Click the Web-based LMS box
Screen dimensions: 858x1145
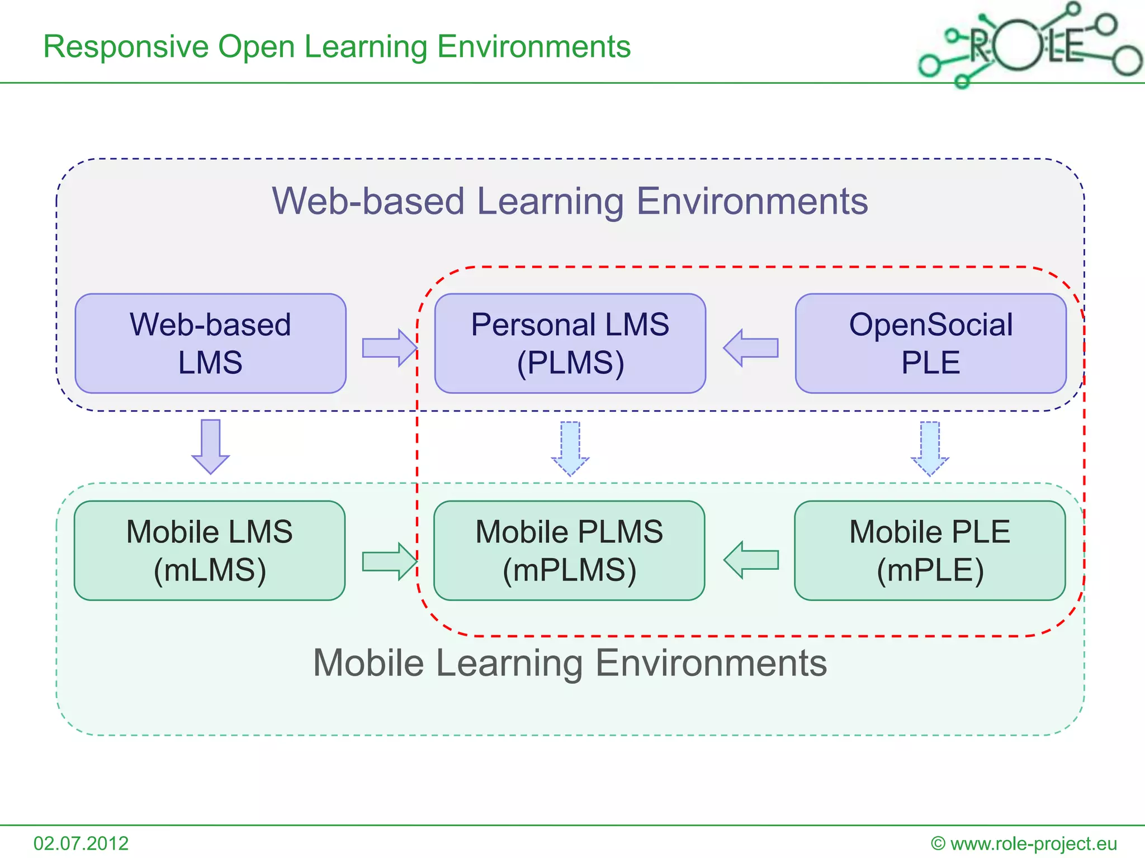click(x=210, y=344)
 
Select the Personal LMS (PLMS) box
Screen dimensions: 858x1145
click(x=570, y=344)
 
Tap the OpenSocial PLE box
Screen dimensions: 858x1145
click(x=930, y=344)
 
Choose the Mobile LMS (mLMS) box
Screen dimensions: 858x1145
click(x=210, y=551)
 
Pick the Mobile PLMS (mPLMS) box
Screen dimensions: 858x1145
click(x=569, y=551)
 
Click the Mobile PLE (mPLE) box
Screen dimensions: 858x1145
click(x=930, y=551)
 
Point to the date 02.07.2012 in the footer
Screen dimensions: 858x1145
click(x=81, y=843)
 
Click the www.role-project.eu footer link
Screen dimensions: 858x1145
click(x=1033, y=843)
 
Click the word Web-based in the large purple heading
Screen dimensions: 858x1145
click(x=368, y=201)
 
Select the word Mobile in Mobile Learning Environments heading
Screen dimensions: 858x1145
click(x=368, y=663)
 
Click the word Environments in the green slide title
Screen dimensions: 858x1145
click(x=533, y=47)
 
